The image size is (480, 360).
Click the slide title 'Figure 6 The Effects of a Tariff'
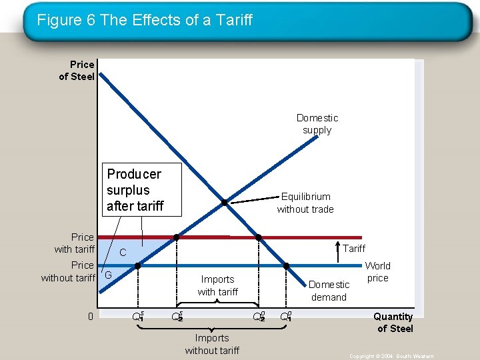(145, 20)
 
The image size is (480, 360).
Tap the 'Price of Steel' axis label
(77, 70)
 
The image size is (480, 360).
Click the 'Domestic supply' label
(317, 124)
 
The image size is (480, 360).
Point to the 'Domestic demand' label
(329, 291)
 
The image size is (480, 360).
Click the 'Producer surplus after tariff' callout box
(135, 190)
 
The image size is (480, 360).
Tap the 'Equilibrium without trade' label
(305, 203)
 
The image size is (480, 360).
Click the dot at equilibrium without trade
(225, 203)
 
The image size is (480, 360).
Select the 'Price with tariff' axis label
(75, 243)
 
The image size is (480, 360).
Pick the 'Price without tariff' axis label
(68, 271)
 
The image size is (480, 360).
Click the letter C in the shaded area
(123, 253)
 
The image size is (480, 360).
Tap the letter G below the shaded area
(107, 275)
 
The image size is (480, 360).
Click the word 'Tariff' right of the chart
(354, 249)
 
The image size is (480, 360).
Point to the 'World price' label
(377, 271)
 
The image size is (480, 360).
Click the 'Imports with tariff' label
(217, 285)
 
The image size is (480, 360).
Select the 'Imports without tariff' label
(212, 344)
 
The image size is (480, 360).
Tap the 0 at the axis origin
(91, 316)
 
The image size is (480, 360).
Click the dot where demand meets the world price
(287, 266)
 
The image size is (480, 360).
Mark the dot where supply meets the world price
(137, 266)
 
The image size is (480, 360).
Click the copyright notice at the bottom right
(391, 356)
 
